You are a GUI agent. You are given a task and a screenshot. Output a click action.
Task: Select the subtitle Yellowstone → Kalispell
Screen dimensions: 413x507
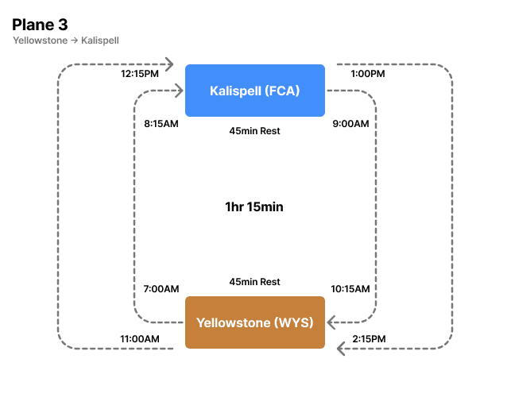(66, 41)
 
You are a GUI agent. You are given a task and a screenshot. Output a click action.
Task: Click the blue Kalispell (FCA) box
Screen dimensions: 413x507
(254, 91)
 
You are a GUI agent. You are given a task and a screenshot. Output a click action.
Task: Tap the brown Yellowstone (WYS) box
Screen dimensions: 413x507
(254, 322)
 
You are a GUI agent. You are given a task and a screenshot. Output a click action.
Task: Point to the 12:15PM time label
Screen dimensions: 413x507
(140, 74)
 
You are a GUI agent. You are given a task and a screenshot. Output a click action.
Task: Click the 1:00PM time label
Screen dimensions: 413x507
(368, 74)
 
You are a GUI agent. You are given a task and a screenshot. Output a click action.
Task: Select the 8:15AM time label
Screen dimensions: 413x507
(162, 124)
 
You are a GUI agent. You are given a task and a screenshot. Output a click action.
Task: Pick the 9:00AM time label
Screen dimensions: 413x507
(350, 124)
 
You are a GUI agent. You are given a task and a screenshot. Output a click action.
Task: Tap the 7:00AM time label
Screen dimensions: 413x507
(161, 289)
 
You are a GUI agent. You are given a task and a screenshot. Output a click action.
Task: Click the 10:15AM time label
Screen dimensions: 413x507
(350, 289)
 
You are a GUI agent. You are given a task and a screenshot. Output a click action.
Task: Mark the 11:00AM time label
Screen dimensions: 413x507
(140, 339)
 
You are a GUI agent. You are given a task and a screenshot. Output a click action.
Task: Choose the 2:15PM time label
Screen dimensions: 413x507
(368, 339)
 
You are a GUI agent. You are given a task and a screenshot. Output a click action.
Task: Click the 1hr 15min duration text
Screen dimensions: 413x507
(254, 207)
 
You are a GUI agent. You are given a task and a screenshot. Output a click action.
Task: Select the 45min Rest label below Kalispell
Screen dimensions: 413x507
(254, 131)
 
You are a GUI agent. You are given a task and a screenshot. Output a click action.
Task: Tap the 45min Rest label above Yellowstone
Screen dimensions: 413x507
(254, 282)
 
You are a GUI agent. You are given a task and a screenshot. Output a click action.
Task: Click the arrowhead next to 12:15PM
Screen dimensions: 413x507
(169, 64)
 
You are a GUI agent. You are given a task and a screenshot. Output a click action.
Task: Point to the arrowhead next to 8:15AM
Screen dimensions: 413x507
(177, 92)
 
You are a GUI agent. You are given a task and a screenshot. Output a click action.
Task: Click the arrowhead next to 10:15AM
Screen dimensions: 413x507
(333, 322)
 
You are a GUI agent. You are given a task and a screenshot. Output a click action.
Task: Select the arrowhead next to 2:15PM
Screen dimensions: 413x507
(341, 348)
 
